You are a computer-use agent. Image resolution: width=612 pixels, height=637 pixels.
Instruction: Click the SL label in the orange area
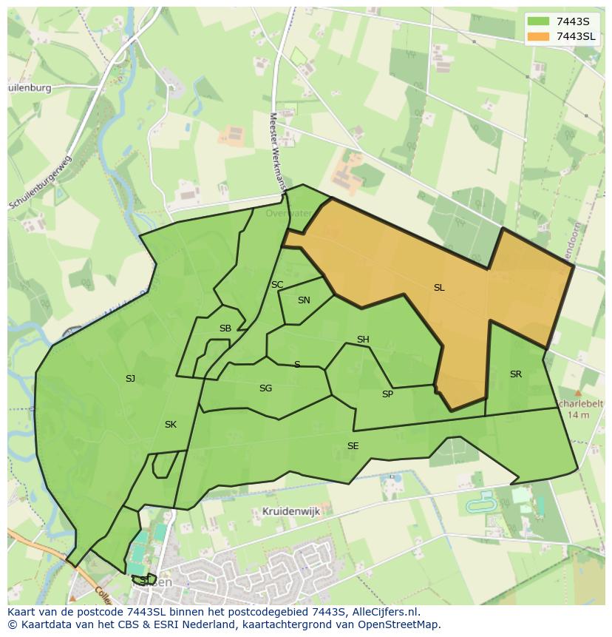(x=439, y=288)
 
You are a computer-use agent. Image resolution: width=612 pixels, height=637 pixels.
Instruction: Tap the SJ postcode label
(x=130, y=379)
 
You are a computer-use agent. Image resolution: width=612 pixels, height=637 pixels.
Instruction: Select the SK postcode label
(x=171, y=425)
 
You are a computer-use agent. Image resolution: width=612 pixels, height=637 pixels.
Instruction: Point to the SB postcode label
(x=225, y=328)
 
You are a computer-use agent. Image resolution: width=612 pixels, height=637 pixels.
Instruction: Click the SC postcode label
(x=277, y=285)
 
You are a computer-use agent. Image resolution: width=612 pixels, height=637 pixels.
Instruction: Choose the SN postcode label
(x=304, y=300)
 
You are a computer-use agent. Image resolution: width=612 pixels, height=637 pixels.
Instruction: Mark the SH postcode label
(x=363, y=340)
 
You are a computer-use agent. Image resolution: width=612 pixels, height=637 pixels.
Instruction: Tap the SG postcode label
(x=265, y=388)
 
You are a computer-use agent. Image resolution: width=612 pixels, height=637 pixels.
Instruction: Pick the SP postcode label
(x=387, y=394)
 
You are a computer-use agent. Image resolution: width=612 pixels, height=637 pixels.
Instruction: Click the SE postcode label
(x=353, y=446)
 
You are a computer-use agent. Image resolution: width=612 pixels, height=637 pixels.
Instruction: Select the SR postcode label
(x=516, y=374)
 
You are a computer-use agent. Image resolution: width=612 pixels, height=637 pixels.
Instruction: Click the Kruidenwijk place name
(x=290, y=511)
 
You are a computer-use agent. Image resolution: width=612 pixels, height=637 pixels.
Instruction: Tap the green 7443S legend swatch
(x=539, y=21)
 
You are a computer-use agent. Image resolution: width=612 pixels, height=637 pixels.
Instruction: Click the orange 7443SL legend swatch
(x=539, y=36)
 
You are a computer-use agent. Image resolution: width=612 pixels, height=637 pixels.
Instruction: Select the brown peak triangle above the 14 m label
(x=578, y=394)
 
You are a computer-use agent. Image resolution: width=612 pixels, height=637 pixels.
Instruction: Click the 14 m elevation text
(x=579, y=415)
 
